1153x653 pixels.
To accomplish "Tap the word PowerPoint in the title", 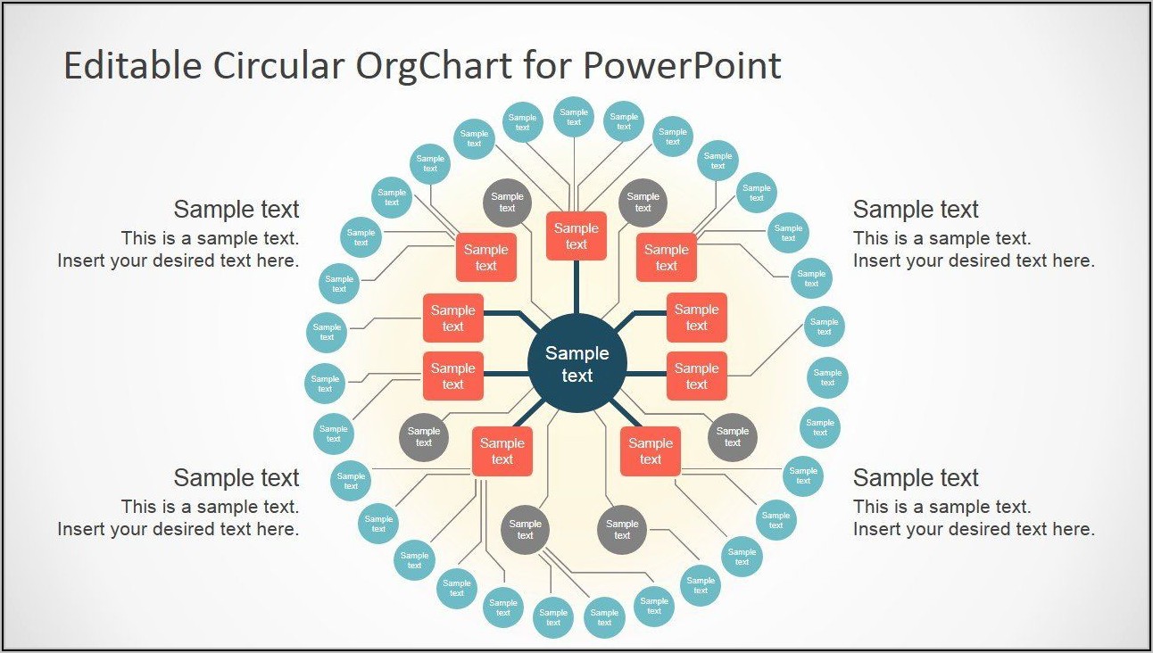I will (683, 66).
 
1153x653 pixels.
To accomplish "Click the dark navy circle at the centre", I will (576, 364).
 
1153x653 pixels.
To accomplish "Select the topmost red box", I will (576, 236).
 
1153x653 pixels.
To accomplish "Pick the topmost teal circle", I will (574, 117).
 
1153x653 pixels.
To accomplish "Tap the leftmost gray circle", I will (424, 437).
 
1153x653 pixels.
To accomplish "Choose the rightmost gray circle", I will (733, 437).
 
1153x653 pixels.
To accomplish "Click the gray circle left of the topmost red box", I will (507, 203).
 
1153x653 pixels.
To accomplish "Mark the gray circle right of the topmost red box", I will (643, 203).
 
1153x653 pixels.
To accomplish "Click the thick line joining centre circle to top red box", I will (576, 287).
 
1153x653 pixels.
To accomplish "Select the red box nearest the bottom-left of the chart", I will (502, 451).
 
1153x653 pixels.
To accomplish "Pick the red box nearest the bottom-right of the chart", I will (651, 451).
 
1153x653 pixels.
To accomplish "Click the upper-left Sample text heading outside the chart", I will (236, 210).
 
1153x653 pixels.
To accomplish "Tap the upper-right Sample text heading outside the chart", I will (916, 210).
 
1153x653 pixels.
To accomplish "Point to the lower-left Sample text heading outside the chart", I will (236, 478).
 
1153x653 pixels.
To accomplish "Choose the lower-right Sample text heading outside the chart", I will (916, 478).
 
